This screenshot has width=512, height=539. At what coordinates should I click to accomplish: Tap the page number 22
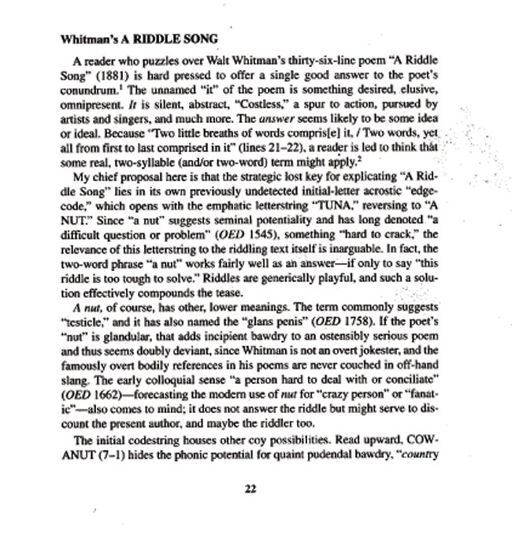pyautogui.click(x=251, y=489)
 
